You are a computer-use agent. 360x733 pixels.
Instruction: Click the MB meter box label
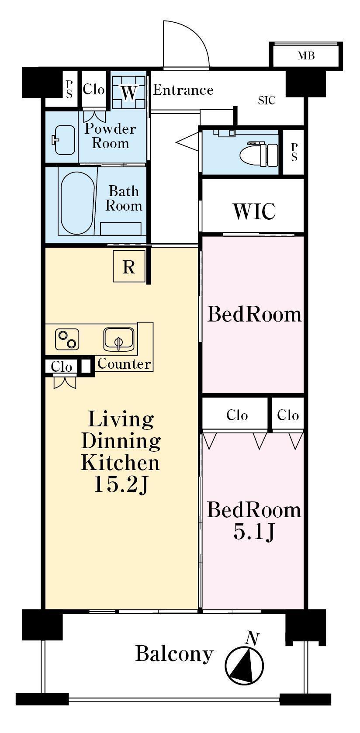(306, 56)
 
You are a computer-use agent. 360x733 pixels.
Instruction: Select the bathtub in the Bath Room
(76, 203)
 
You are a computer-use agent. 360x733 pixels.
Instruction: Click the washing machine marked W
(128, 92)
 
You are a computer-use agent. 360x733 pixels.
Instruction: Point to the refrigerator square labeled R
(129, 266)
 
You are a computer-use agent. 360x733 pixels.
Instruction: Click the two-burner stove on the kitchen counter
(67, 339)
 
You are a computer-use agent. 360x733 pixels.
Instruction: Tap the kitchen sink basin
(119, 340)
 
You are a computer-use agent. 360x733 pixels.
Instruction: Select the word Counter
(125, 363)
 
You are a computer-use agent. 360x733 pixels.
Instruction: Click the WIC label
(254, 211)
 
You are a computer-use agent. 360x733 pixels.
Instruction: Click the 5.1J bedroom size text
(254, 532)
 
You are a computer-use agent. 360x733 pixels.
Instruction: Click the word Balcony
(174, 654)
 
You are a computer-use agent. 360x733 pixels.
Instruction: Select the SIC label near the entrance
(267, 100)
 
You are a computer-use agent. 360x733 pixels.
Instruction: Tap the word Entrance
(183, 90)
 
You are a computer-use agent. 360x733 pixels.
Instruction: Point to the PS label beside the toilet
(294, 152)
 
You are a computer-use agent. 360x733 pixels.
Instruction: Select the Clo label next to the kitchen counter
(61, 366)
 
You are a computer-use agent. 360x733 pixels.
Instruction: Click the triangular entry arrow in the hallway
(188, 142)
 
